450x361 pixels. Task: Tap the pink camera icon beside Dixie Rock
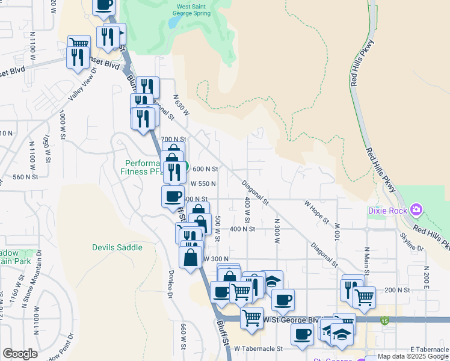pos(416,210)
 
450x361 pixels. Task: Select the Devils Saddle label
pos(117,247)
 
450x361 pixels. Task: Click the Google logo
pos(20,354)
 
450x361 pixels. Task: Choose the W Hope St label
pos(316,212)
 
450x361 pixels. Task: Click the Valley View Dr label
pos(82,85)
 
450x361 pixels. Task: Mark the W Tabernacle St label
pos(258,348)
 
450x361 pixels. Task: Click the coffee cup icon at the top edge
pos(103,5)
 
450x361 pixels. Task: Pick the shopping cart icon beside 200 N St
pos(364,297)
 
